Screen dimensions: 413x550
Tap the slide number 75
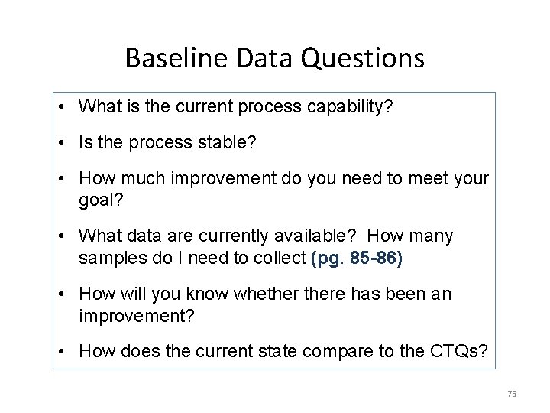click(512, 393)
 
